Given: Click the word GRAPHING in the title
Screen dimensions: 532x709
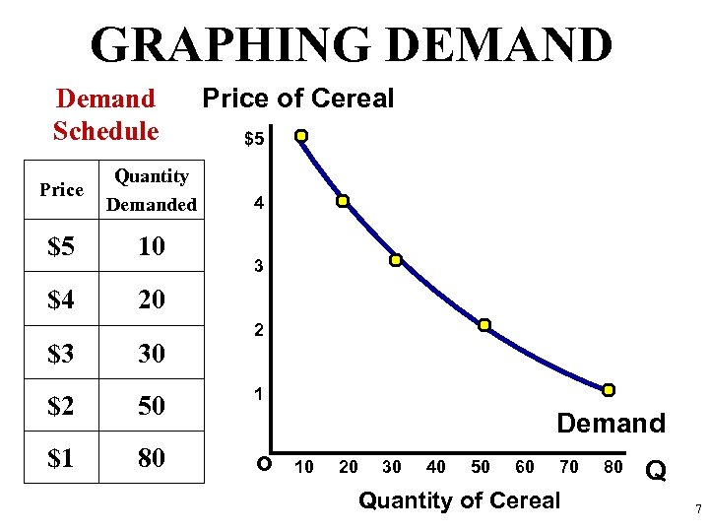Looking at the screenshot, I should [231, 45].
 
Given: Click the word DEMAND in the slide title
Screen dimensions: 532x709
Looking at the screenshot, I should [499, 45].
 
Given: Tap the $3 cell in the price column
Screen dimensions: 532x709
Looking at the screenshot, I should [61, 352].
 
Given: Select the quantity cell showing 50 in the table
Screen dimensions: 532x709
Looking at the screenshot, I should [151, 405].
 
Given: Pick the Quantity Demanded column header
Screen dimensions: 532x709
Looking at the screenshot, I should [151, 190].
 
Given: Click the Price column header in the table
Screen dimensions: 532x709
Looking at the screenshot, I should [61, 190].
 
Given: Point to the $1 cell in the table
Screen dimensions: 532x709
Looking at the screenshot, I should [61, 458].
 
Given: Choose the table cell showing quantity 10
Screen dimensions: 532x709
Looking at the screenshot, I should [151, 246].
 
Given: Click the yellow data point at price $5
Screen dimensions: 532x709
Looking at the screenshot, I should [302, 136].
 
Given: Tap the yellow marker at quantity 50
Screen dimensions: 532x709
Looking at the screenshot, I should [484, 325].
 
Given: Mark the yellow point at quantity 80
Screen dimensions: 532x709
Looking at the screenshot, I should [609, 390].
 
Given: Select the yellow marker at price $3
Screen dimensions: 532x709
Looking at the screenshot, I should [395, 261].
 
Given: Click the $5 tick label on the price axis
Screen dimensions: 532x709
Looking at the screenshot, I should [254, 140].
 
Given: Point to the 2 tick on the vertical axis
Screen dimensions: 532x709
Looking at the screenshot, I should [258, 331].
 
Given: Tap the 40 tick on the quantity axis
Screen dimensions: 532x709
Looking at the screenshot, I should [434, 466].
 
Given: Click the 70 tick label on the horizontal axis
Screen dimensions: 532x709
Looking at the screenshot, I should [569, 466].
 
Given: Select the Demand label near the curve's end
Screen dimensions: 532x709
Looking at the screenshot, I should [611, 424].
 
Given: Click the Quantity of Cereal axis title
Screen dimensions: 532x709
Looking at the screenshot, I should [459, 500].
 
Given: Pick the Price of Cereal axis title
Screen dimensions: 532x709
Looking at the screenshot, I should [297, 99].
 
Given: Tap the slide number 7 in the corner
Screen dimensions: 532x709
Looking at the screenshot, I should [697, 509].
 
